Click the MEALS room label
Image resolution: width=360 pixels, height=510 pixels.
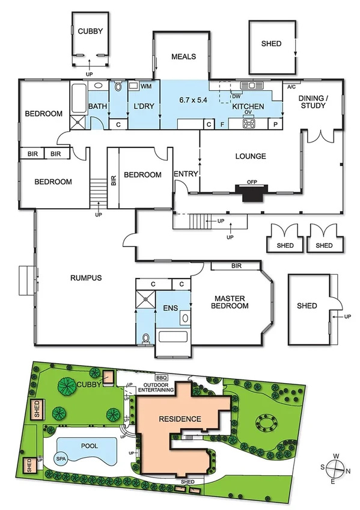coord(184,57)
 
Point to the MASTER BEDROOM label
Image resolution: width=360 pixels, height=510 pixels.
coord(231,301)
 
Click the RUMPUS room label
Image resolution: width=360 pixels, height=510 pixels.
coord(85,278)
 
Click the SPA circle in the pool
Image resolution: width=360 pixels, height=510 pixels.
coord(61,458)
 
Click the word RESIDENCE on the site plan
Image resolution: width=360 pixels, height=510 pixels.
coord(179,419)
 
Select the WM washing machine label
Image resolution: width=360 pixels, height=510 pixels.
coord(146,87)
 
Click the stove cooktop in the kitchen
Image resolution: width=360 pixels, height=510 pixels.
coord(249,123)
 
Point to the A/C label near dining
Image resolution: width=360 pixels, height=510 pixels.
coord(292,87)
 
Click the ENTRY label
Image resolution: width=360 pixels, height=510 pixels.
coord(185,174)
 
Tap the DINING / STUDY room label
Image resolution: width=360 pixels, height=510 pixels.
coord(313,102)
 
